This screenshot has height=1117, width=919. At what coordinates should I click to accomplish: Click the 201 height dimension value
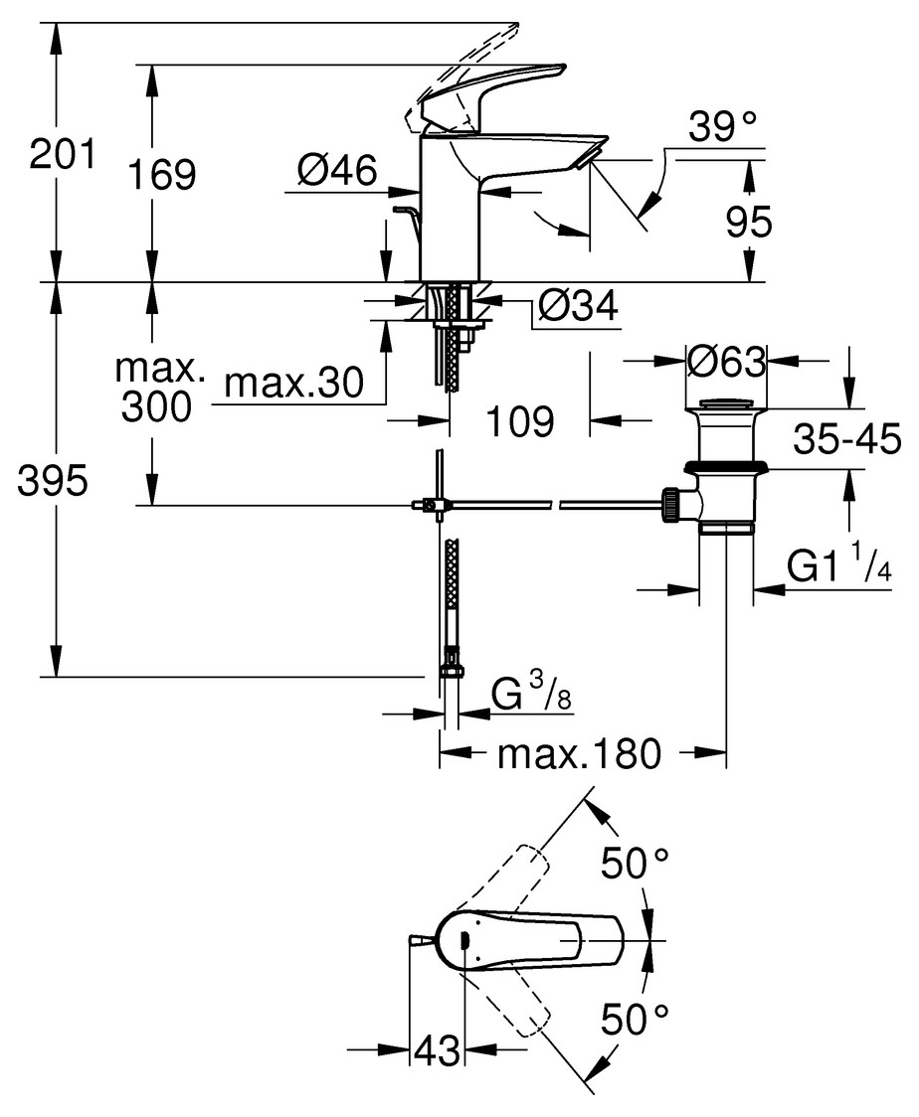(62, 154)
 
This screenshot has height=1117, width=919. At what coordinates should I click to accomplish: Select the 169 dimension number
(162, 175)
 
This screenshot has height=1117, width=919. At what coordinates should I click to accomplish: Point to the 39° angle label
(722, 126)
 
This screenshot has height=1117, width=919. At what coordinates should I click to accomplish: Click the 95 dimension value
(749, 222)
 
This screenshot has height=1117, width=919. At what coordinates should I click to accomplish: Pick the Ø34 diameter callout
(578, 306)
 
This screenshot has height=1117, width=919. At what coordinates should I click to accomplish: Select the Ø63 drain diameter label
(726, 362)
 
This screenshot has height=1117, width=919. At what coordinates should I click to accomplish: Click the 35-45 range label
(847, 439)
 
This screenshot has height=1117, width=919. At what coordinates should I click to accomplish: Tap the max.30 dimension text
(293, 384)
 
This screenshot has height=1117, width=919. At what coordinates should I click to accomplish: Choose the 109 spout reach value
(520, 421)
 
